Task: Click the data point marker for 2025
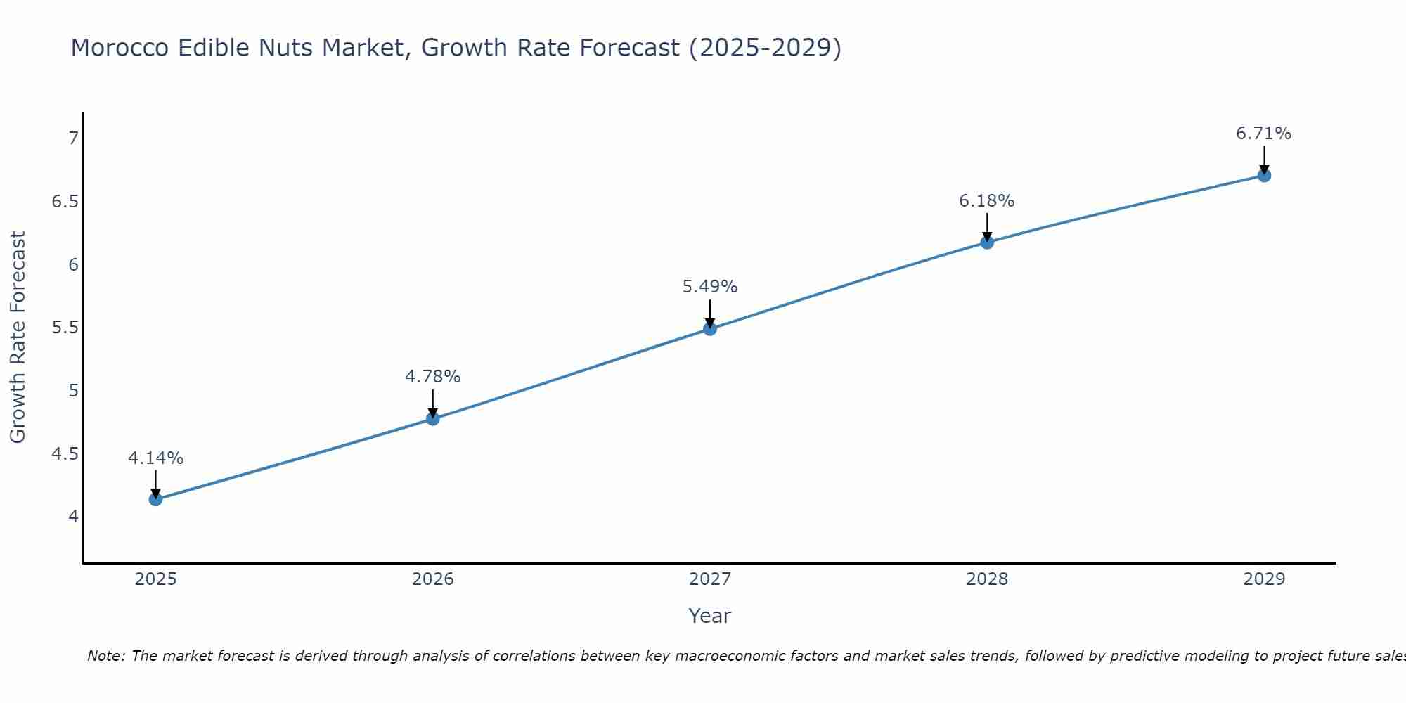point(155,499)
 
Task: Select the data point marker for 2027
point(710,328)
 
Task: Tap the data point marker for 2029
point(1264,175)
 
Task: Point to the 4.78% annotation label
point(432,377)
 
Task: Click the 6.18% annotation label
point(986,201)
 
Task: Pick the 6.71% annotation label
point(1263,134)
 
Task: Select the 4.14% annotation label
point(155,458)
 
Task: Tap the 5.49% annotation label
point(709,287)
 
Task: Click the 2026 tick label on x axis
point(432,579)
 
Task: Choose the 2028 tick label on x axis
point(986,579)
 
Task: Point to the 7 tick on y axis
point(73,138)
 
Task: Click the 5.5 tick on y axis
point(65,328)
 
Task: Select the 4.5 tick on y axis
point(65,454)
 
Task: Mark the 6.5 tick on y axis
point(65,202)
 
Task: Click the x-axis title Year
point(709,616)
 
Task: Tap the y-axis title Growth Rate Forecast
point(18,337)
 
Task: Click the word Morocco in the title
point(120,48)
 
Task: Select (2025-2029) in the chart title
point(765,48)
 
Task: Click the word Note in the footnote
point(105,656)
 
